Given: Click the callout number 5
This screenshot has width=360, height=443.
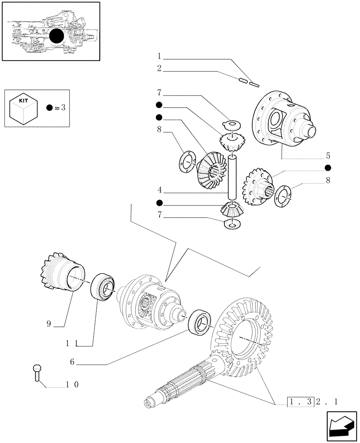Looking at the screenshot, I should [328, 155].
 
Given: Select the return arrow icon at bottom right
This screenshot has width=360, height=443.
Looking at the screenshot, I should [341, 425].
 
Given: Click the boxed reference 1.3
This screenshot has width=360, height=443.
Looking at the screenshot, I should [300, 402].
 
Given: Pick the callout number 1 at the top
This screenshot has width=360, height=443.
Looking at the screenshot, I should [159, 56].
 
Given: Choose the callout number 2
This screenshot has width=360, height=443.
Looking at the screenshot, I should [159, 69].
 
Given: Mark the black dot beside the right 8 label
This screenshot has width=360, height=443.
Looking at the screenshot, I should [328, 168].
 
